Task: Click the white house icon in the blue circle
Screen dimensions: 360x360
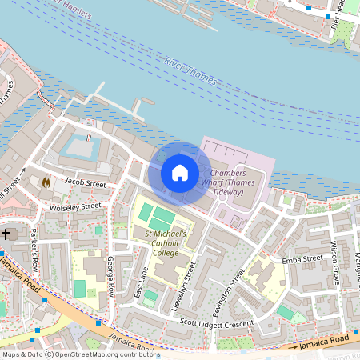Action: coord(180,173)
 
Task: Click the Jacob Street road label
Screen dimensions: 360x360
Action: coord(84,184)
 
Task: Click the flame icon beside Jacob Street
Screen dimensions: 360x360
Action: coord(46,182)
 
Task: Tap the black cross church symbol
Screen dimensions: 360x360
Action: coord(6,234)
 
